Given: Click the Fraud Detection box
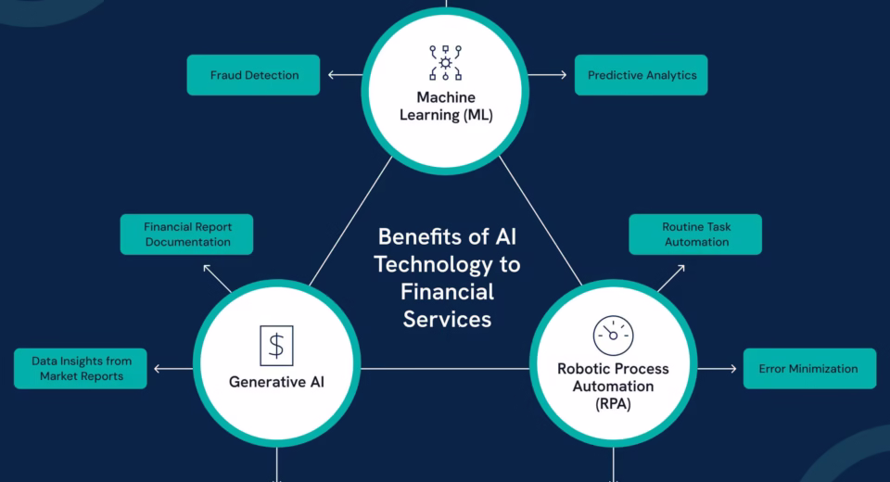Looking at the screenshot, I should (253, 75).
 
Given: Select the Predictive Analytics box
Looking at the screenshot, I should (641, 75).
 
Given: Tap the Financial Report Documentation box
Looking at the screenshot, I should (187, 235).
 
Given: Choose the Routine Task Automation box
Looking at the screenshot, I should (695, 235).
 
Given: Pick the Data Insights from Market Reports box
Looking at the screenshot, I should (81, 369).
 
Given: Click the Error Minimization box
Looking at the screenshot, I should (808, 369).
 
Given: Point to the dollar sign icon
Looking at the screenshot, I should (275, 345).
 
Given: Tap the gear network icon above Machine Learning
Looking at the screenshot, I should (446, 63).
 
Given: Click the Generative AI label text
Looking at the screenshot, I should (276, 382).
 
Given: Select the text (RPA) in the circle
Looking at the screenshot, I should (613, 404).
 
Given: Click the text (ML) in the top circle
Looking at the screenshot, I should (473, 116).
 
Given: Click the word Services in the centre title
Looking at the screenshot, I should (446, 320).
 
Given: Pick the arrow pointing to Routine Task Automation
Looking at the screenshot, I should (672, 277).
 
